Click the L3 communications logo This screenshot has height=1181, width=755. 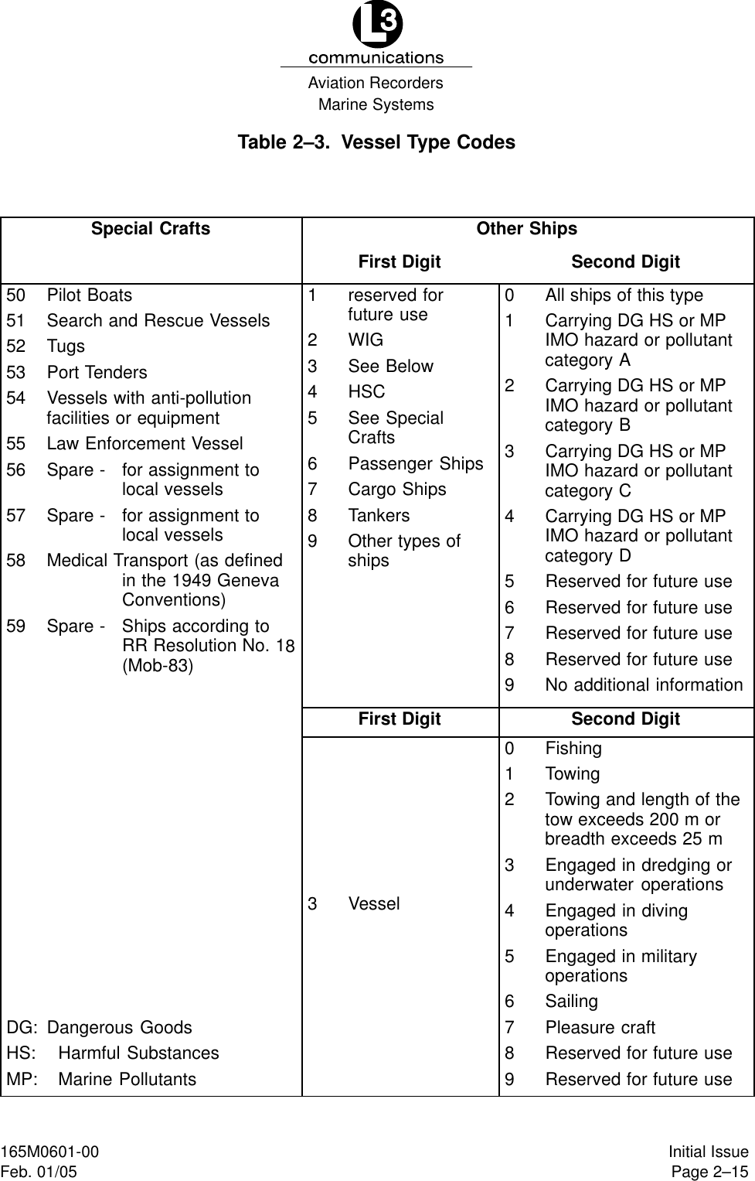point(376,35)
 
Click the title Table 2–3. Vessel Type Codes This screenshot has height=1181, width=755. point(376,142)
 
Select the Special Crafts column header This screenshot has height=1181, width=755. point(151,229)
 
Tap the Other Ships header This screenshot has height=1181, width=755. point(526,229)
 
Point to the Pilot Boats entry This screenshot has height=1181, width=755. point(89,295)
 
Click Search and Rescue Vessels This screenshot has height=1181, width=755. point(158,320)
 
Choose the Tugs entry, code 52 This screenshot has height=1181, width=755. point(66,346)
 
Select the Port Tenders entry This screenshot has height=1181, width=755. point(97,372)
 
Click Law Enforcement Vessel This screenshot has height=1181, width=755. point(145,444)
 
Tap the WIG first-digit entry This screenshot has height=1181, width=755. point(365,340)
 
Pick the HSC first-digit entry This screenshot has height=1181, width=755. point(366,392)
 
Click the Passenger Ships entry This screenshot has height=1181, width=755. point(415,463)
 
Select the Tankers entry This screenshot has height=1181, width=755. point(379,515)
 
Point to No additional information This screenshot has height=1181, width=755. point(643,685)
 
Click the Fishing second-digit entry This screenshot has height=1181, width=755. point(573,749)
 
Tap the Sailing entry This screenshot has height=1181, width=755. point(571,1002)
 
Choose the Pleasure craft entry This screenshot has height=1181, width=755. point(600,1028)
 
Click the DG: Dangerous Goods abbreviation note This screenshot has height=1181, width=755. point(100,1028)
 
